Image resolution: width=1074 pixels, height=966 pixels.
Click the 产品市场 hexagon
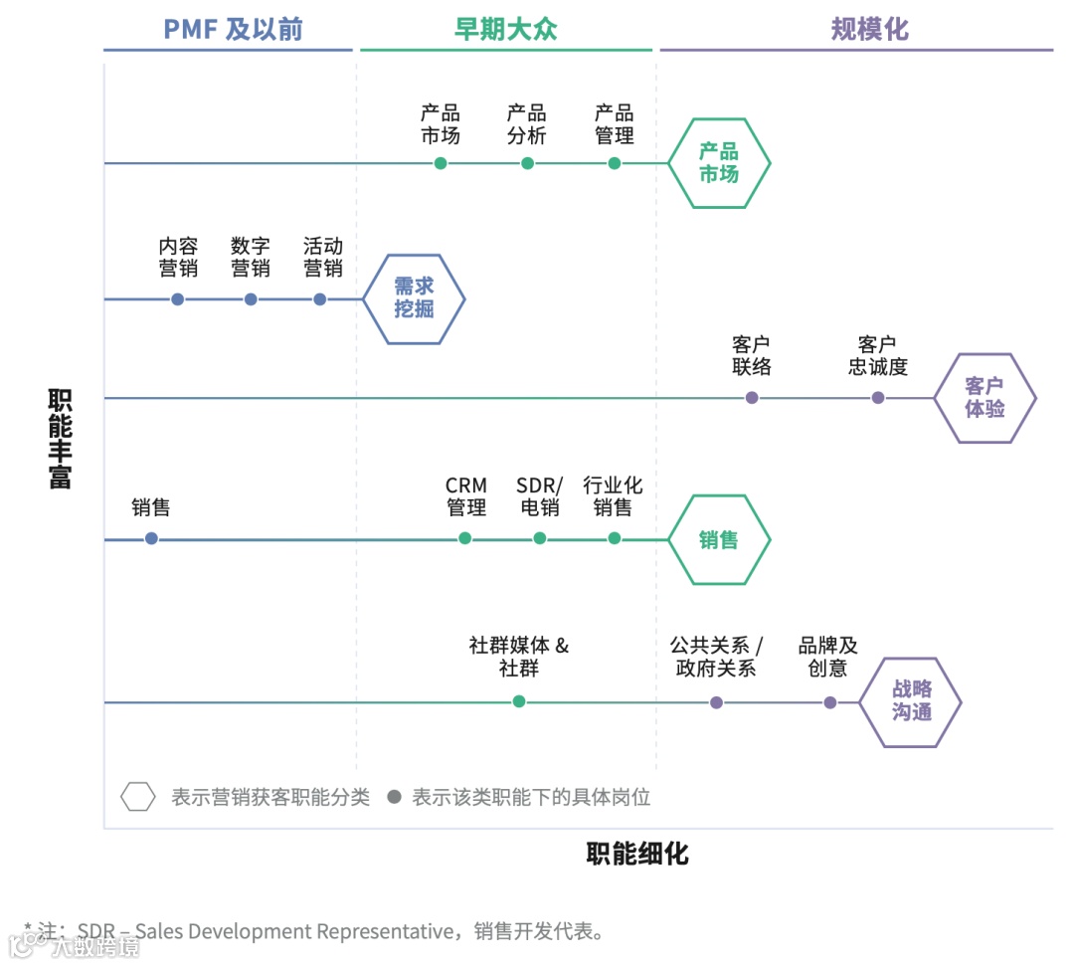(718, 163)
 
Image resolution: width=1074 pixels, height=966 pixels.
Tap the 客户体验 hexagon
(984, 398)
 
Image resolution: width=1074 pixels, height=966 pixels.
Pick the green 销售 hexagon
(718, 540)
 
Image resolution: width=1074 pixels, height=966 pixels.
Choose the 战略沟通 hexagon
(911, 702)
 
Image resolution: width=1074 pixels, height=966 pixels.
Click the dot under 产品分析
(527, 163)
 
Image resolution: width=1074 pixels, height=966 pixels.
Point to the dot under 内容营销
(178, 298)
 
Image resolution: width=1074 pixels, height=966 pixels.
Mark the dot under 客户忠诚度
(878, 398)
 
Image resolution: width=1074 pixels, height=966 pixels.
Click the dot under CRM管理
(465, 538)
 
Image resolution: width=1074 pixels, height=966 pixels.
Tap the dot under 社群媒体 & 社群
(519, 701)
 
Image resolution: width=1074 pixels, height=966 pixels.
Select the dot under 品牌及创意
(830, 702)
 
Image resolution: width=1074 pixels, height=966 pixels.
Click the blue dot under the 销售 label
(151, 538)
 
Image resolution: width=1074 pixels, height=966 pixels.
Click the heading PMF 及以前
(233, 29)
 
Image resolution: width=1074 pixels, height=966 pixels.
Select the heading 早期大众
(506, 29)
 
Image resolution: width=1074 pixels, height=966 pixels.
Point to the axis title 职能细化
(637, 854)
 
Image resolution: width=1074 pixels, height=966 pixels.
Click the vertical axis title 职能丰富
(61, 439)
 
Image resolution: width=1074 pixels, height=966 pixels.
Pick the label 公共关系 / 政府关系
(716, 657)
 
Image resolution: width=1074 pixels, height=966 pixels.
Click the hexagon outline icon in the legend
(138, 797)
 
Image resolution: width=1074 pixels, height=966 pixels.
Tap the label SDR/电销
(539, 496)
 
